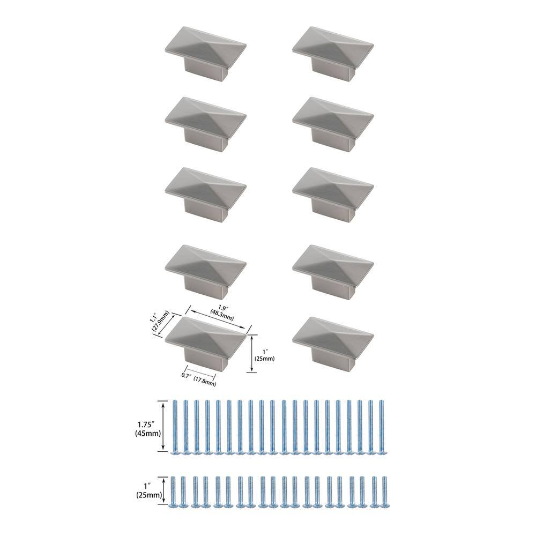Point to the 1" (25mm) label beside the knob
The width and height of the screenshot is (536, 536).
click(264, 355)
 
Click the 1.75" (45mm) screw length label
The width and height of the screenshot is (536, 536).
click(147, 429)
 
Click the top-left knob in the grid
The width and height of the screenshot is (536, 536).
click(205, 54)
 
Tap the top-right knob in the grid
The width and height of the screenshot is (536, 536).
click(333, 54)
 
